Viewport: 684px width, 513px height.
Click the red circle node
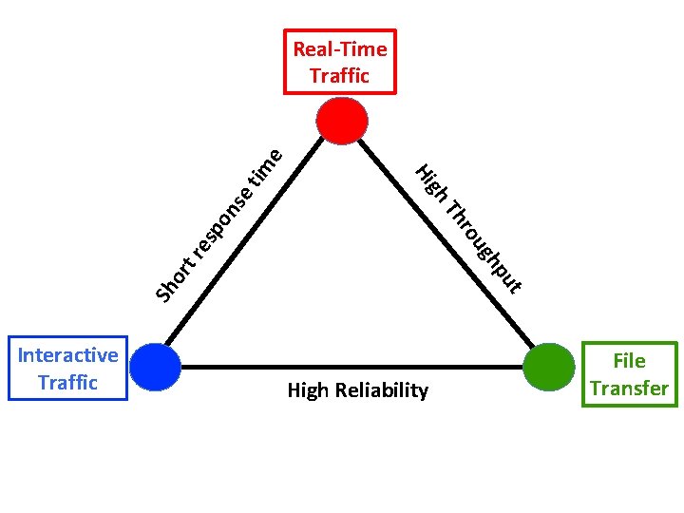342,121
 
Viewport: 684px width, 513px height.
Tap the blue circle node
155,367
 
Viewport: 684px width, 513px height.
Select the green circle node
549,367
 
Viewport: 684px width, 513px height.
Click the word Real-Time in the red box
340,49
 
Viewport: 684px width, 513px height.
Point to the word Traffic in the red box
340,75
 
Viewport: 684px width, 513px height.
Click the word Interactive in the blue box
68,355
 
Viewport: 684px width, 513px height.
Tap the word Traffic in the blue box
68,383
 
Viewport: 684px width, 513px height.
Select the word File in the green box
630,361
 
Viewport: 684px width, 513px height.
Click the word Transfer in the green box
630,389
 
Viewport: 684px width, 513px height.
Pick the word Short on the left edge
175,279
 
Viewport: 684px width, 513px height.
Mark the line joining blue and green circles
352,368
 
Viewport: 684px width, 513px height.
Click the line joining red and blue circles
245,240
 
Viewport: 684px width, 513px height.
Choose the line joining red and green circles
446,243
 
